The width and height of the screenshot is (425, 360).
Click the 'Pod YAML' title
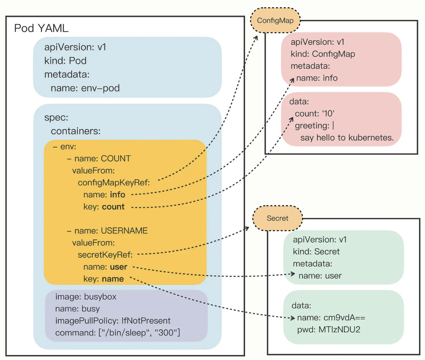42,29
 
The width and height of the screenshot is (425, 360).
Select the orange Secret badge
277,218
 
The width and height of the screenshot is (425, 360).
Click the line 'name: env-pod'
85,88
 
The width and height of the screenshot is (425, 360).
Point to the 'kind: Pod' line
65,61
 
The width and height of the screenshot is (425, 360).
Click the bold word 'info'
117,194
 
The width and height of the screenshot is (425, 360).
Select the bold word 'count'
113,207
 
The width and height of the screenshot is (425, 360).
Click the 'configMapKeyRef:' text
114,182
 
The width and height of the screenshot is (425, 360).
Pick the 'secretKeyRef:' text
105,255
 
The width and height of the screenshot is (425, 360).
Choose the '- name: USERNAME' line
106,231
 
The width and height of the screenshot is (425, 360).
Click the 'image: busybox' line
86,297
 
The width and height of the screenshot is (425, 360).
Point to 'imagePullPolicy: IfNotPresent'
113,321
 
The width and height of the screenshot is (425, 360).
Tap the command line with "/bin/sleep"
117,333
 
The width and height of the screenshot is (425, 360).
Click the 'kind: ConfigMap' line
323,54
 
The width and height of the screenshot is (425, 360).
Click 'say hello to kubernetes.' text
347,138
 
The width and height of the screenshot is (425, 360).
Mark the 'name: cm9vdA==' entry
331,317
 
